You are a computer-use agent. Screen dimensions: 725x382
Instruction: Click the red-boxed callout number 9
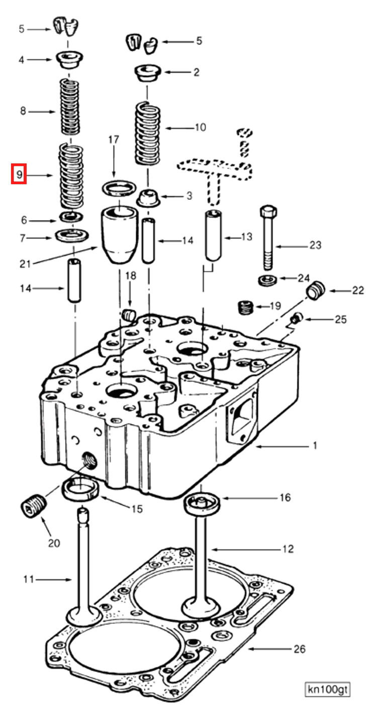19,175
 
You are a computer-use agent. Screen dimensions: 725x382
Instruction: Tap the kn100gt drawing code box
327,689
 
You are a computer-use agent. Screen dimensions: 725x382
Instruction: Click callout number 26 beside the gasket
299,649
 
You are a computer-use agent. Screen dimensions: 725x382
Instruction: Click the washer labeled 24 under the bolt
266,280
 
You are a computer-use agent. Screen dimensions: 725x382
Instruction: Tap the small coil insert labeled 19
245,306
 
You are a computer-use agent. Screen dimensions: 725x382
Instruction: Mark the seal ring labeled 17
119,190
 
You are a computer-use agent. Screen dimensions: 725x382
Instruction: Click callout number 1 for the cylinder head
315,446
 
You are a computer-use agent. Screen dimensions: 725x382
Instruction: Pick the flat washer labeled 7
73,235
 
